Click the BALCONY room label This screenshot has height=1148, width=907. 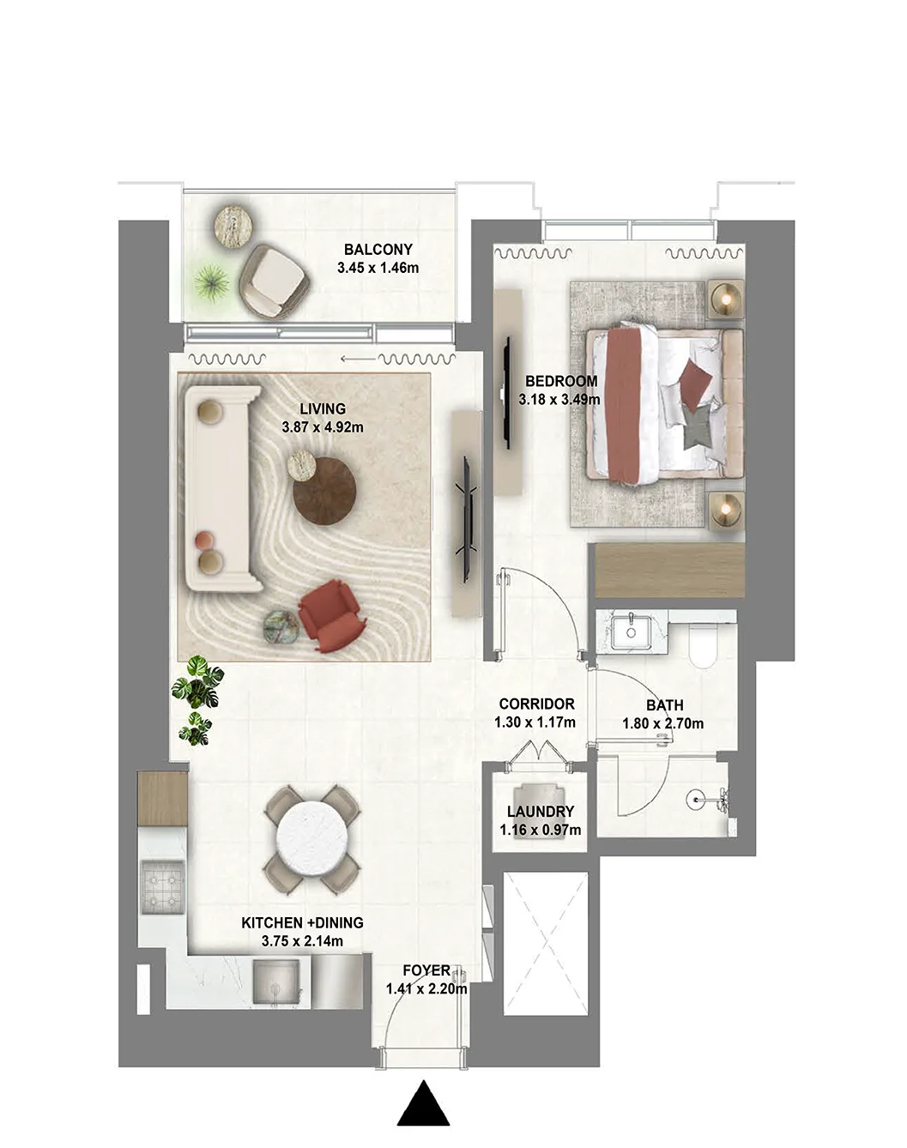[x=378, y=249]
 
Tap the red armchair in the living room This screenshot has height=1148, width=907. [x=331, y=615]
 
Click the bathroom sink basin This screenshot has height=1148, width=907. [x=632, y=631]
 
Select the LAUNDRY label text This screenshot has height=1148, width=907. [x=540, y=812]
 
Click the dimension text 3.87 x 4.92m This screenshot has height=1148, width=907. [x=323, y=426]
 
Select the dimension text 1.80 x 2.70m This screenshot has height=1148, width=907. [x=662, y=723]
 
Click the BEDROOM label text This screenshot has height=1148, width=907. [x=561, y=381]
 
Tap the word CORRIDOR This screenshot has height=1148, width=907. [x=536, y=704]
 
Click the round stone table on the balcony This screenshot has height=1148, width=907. [x=233, y=226]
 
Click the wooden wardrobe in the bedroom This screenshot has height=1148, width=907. [x=669, y=571]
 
